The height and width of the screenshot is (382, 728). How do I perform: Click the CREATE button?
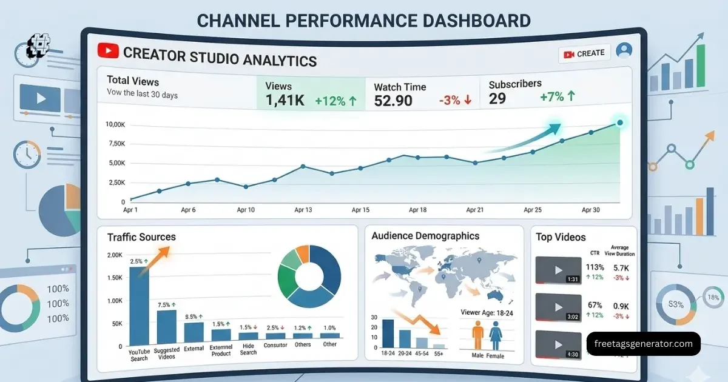coord(584,53)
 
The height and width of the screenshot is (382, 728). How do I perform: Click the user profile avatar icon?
coord(623,51)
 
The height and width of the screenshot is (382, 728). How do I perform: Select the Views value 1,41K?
coord(285,101)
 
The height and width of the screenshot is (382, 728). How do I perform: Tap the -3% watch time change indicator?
coord(455,101)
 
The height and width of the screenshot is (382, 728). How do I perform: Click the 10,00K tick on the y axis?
coord(115,124)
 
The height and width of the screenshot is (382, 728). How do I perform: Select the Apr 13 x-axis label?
coord(303,210)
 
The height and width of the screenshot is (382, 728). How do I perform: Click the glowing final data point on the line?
coord(619,123)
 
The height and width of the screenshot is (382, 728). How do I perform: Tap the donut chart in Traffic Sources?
coord(309,276)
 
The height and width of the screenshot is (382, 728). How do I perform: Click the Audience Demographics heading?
coord(425,236)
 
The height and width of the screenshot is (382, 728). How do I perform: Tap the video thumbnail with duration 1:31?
coord(558,270)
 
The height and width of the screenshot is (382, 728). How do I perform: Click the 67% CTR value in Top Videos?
coord(595,305)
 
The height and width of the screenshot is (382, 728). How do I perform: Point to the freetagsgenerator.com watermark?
coord(644,344)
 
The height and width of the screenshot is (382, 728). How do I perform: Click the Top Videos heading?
coord(561,237)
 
